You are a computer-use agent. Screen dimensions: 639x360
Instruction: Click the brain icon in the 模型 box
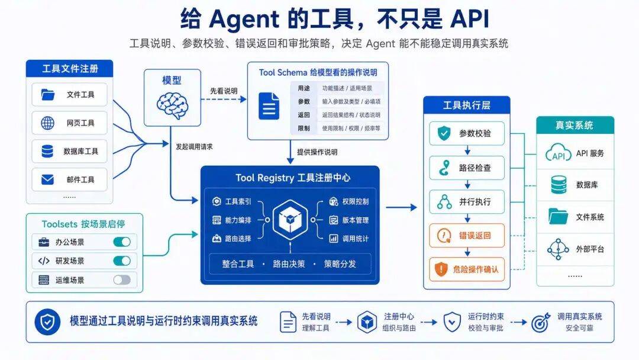[x=172, y=105]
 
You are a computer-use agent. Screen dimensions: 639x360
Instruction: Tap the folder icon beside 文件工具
[x=48, y=95]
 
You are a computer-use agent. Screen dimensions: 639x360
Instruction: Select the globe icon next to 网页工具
[x=48, y=123]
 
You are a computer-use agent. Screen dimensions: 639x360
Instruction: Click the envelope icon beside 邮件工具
[x=48, y=179]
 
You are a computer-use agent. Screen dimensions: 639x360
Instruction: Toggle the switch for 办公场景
[x=122, y=242]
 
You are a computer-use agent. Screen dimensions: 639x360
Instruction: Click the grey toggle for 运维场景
[x=122, y=279]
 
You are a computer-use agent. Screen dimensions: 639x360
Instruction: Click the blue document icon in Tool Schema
[x=269, y=106]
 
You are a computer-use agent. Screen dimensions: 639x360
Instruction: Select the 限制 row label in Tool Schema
[x=304, y=128]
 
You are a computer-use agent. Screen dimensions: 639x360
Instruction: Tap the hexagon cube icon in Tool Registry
[x=290, y=219]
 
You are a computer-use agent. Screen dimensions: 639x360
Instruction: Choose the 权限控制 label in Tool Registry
[x=356, y=201]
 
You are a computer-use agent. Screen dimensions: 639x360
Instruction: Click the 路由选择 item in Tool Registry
[x=238, y=239]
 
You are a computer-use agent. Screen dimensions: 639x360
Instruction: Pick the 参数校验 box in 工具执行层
[x=467, y=133]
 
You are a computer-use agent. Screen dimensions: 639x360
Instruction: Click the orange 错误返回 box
[x=467, y=235]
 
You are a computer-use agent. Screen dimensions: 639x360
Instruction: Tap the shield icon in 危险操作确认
[x=441, y=269]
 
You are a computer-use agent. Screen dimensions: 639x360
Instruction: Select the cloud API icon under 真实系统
[x=559, y=153]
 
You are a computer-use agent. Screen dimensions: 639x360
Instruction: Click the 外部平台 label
[x=590, y=249]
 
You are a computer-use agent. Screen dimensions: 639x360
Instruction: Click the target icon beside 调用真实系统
[x=540, y=323]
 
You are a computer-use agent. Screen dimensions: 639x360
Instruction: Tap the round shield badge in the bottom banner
[x=48, y=322]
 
